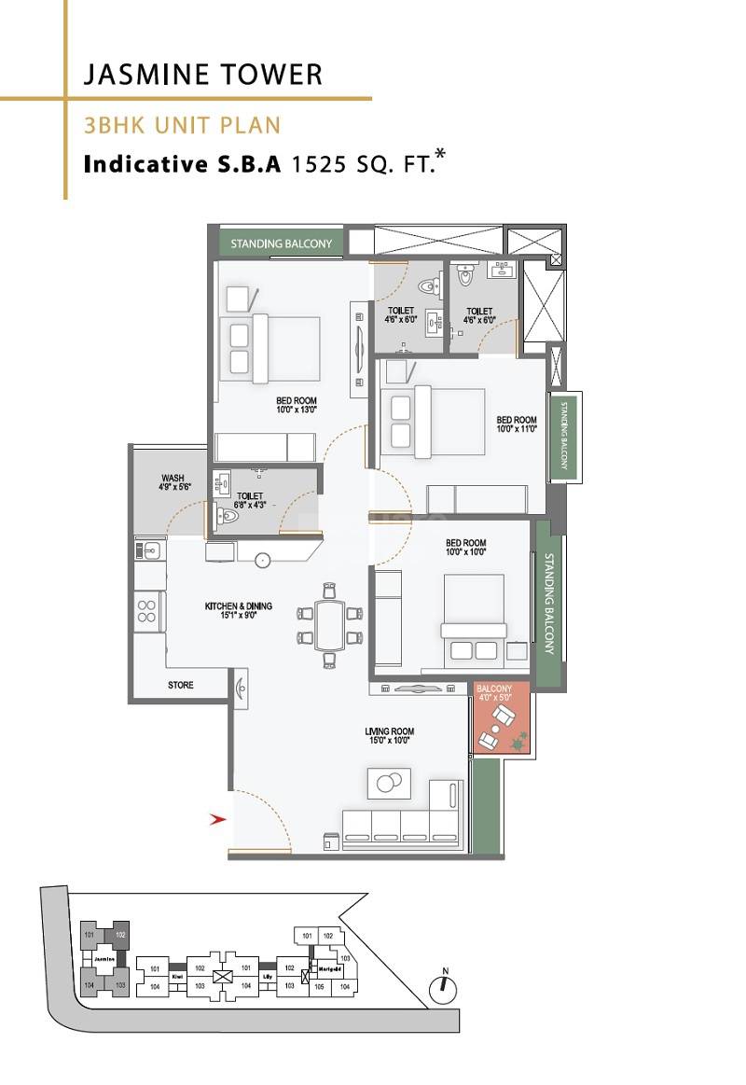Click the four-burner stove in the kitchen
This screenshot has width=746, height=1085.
click(x=147, y=611)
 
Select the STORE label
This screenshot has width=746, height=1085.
click(x=181, y=685)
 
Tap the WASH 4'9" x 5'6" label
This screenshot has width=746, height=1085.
click(x=173, y=482)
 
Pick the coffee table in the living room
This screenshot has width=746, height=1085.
click(x=388, y=782)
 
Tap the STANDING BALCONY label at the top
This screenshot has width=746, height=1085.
click(x=282, y=243)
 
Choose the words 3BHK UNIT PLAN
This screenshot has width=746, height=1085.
click(x=182, y=125)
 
